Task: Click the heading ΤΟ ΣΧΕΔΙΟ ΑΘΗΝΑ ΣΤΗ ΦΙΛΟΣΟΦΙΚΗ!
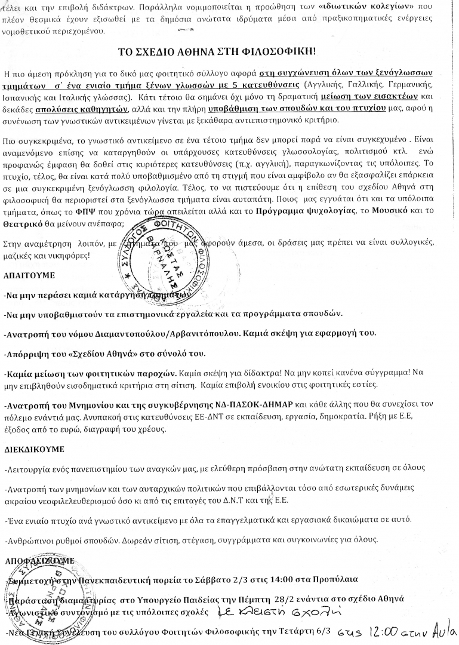coord(230,51)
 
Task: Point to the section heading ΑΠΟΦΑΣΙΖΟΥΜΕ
coord(39,561)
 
